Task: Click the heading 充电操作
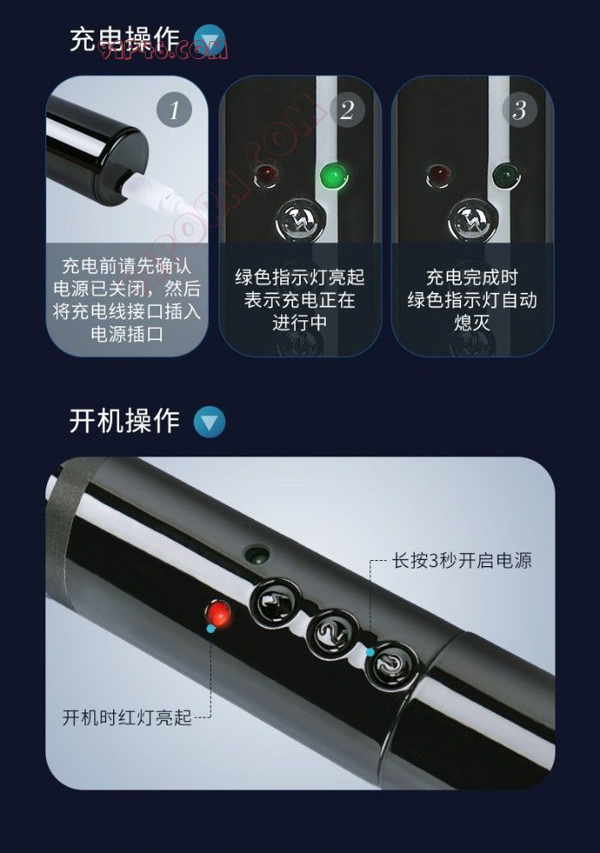[124, 39]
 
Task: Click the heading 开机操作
[124, 421]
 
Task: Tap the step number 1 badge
[174, 110]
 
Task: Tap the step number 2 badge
[347, 110]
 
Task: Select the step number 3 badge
[519, 110]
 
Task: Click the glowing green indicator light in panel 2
[333, 176]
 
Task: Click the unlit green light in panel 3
[507, 176]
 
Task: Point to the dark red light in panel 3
[439, 176]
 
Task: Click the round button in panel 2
[301, 220]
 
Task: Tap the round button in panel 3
[472, 220]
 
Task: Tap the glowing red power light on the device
[219, 614]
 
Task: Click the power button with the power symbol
[390, 665]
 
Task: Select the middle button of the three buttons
[332, 633]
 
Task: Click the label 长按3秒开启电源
[462, 560]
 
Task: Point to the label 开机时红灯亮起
[127, 718]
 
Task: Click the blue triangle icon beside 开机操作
[210, 422]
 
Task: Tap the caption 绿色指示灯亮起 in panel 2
[300, 277]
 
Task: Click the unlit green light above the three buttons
[257, 555]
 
